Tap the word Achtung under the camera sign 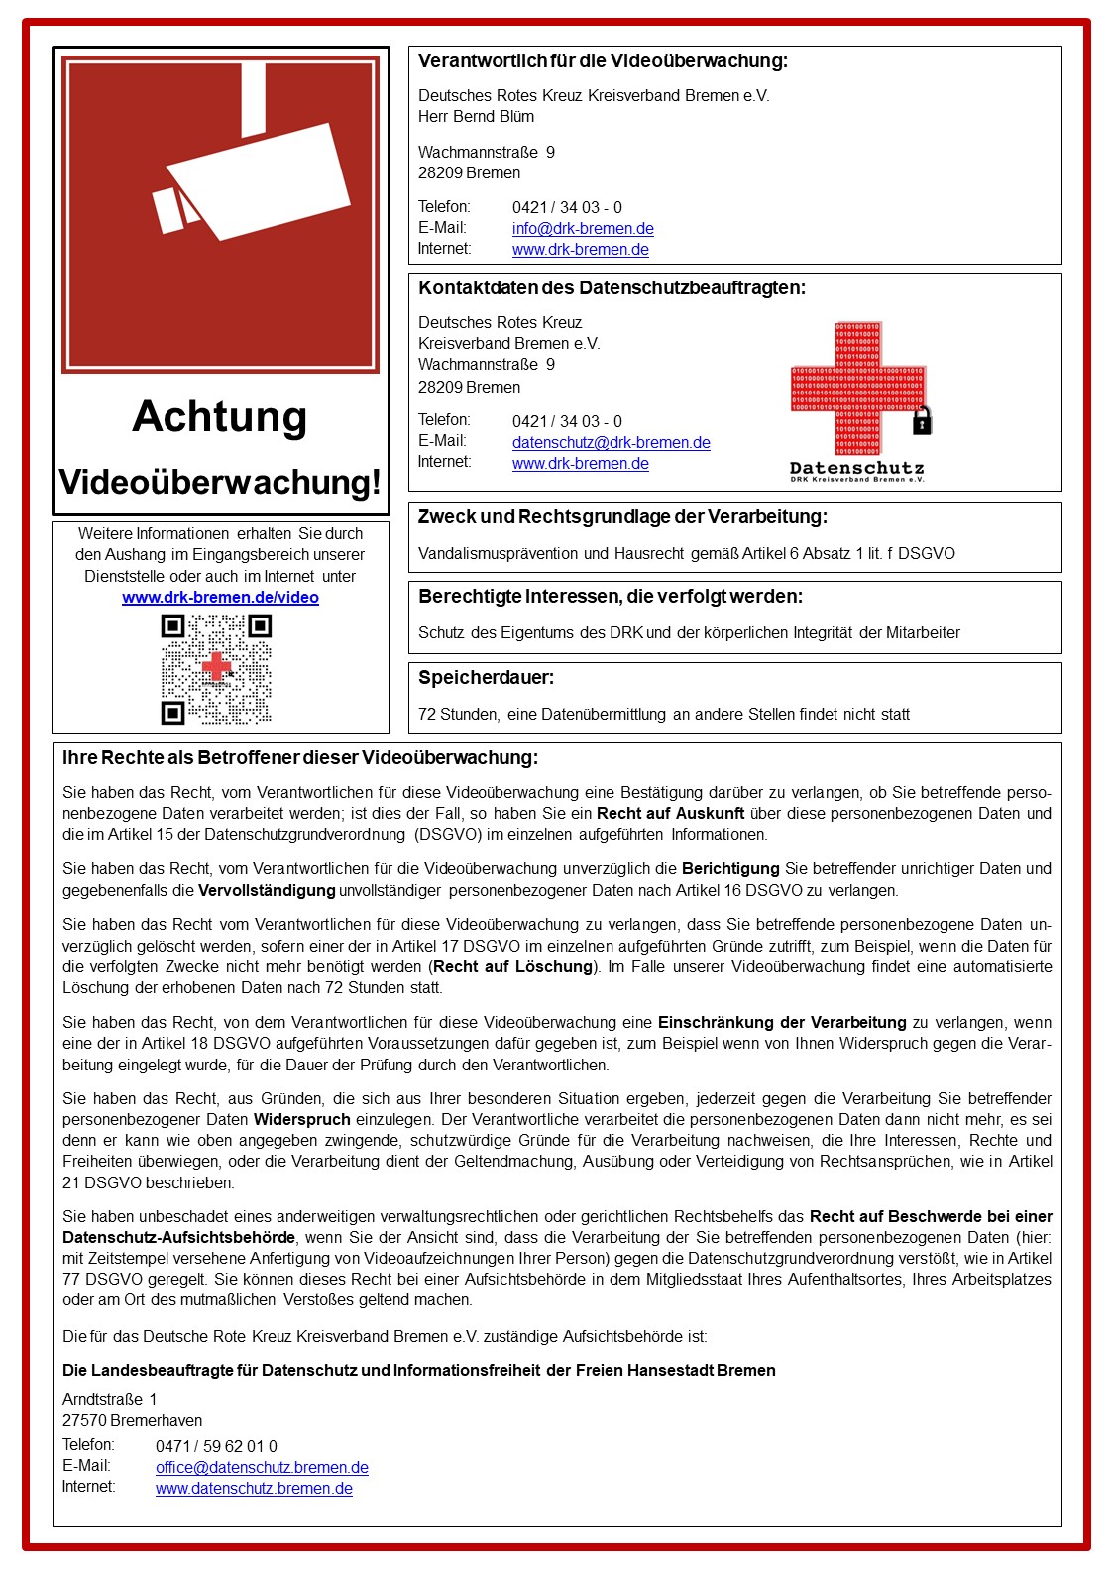220,416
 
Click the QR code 216,669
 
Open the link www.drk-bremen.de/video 220,598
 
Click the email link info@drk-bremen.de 583,229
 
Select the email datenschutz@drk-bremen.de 611,443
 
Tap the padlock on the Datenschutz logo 922,421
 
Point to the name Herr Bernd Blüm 476,117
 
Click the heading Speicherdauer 487,678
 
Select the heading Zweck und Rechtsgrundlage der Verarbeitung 622,517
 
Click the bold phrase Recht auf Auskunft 670,814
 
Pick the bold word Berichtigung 730,869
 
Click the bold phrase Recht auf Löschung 513,967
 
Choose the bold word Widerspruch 302,1120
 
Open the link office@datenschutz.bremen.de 262,1468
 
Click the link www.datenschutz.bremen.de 254,1489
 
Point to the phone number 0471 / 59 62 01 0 216,1447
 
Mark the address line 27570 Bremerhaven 132,1421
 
